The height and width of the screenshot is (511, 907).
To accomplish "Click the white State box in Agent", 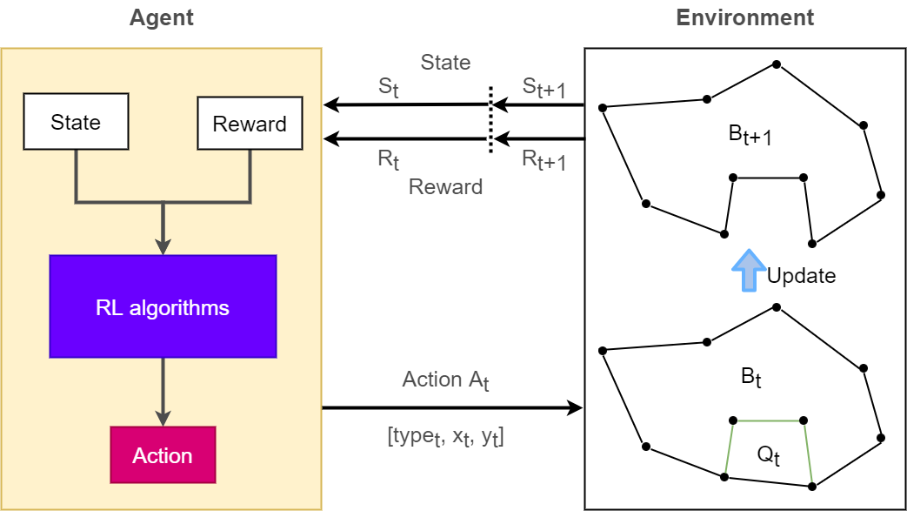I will tap(76, 122).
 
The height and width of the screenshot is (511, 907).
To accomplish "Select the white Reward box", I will tap(250, 123).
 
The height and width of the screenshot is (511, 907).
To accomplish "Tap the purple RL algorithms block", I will tap(163, 306).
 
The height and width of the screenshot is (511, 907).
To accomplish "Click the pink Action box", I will tap(163, 455).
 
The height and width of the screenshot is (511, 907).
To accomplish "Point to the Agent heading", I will tap(162, 17).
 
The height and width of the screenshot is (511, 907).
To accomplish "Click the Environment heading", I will tap(745, 17).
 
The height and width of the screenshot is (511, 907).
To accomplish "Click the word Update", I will tap(801, 276).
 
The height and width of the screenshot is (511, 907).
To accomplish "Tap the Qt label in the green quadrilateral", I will tap(766, 455).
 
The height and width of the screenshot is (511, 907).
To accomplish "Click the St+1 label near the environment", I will tap(544, 88).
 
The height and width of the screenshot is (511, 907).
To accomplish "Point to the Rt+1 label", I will tap(544, 159).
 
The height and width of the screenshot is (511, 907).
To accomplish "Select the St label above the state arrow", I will tap(388, 88).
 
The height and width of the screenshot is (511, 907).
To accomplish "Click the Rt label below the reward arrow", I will tap(388, 158).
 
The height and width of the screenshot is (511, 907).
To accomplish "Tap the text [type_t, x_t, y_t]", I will tap(445, 437).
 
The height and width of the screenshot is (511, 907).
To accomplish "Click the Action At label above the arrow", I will tap(445, 380).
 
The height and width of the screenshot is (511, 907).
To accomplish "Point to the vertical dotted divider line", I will tap(490, 120).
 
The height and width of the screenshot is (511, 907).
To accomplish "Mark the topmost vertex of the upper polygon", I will tap(776, 64).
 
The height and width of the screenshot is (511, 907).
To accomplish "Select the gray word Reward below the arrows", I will tap(445, 186).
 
